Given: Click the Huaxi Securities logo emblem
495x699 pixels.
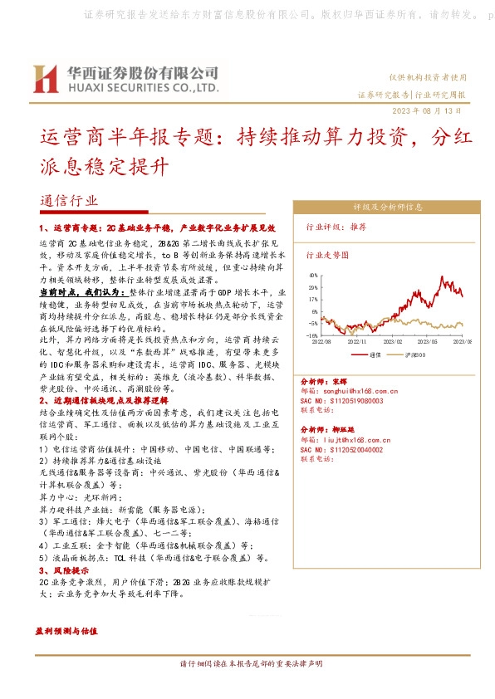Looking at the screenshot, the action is pyautogui.click(x=43, y=78).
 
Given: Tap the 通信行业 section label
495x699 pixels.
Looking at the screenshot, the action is pyautogui.click(x=69, y=201).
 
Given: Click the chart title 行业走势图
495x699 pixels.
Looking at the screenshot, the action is pyautogui.click(x=324, y=257).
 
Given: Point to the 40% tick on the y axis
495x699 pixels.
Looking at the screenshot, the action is pyautogui.click(x=313, y=274).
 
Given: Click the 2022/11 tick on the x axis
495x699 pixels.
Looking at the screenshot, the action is pyautogui.click(x=358, y=340).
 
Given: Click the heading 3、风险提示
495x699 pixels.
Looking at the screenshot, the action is pyautogui.click(x=64, y=572).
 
